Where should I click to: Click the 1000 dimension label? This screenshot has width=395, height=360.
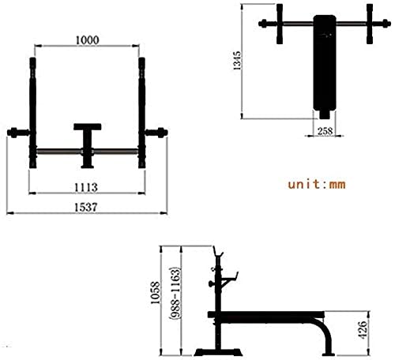pyautogui.click(x=88, y=40)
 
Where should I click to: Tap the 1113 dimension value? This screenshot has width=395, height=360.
pyautogui.click(x=86, y=188)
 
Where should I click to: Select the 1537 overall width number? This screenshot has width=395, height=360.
pyautogui.click(x=86, y=208)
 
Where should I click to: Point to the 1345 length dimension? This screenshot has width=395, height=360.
pyautogui.click(x=237, y=61)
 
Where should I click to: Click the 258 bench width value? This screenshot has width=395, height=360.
pyautogui.click(x=325, y=131)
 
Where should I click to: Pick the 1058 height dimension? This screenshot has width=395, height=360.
pyautogui.click(x=155, y=292)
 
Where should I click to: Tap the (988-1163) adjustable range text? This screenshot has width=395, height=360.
pyautogui.click(x=175, y=294)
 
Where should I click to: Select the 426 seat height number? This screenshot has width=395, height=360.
pyautogui.click(x=362, y=329)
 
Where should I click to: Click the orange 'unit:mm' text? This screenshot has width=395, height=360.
pyautogui.click(x=317, y=184)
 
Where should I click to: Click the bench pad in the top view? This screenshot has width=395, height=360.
pyautogui.click(x=325, y=62)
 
